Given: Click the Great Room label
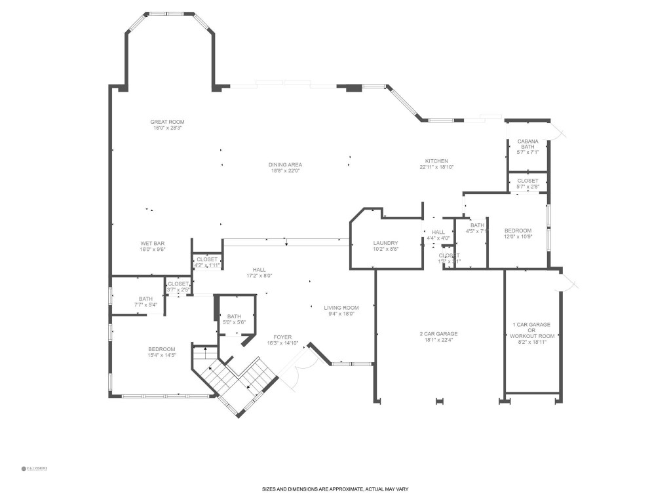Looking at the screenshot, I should [167, 122].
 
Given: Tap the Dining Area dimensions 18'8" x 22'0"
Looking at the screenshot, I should [285, 171].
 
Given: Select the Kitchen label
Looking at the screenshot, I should [436, 161].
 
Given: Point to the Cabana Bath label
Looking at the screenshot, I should [527, 144].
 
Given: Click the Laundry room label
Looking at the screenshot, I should [385, 243].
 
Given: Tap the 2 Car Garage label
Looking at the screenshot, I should [438, 334].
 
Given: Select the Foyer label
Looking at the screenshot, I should [282, 337].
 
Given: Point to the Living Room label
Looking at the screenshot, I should [341, 308].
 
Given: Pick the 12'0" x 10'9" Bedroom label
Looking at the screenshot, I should [518, 231].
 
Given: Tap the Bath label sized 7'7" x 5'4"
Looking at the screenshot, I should [145, 299].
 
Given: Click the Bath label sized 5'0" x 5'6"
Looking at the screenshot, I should [234, 317].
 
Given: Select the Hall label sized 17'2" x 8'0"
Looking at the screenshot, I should [260, 270].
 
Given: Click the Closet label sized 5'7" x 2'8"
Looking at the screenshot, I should [527, 181].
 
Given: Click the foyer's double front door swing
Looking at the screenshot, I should [295, 370].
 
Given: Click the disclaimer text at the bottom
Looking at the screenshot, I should [335, 489].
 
